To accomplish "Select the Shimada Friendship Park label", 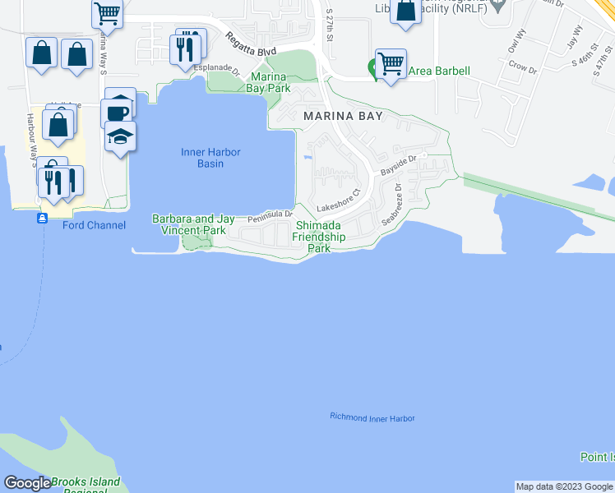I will tap(320, 237).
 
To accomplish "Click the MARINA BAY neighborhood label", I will tap(343, 117).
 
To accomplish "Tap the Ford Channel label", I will tap(95, 225).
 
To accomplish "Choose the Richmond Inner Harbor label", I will tap(372, 418).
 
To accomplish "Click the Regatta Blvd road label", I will tap(252, 51).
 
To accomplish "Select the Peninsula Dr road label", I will tap(271, 215).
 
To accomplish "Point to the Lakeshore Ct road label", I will tap(339, 200).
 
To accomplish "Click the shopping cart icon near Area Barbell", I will tap(391, 63).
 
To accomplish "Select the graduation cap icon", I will tap(120, 136).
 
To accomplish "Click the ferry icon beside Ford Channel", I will tap(42, 219).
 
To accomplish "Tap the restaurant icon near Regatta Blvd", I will tap(188, 47).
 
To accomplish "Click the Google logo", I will tap(27, 484).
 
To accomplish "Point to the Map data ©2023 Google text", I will tap(563, 486).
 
